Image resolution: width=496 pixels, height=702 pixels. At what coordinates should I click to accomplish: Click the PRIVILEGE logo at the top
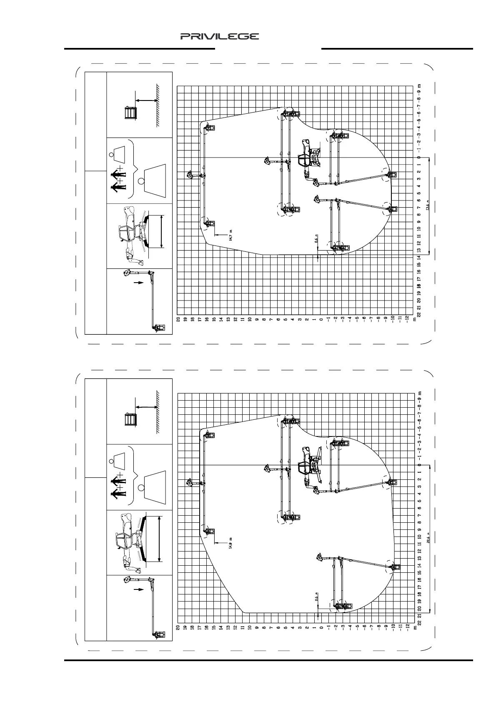220,37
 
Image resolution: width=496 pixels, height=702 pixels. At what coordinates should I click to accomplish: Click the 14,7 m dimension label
230,236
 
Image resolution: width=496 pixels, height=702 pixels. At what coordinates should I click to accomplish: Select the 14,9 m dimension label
230,543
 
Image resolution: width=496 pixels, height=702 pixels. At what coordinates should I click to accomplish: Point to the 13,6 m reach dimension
428,207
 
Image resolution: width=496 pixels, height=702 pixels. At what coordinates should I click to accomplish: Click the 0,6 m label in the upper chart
317,238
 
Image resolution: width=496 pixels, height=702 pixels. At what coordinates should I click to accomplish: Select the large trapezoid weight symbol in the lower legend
155,484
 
